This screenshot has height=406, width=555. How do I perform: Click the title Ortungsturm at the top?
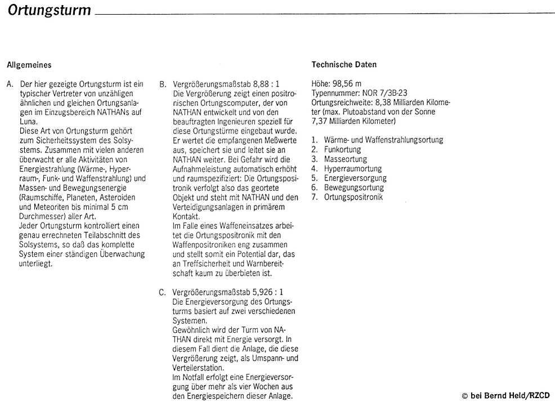[x=50, y=11]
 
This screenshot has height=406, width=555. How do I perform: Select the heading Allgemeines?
[x=29, y=65]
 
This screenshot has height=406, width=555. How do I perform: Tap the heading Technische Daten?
[x=344, y=65]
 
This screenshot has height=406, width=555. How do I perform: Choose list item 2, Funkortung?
[x=342, y=150]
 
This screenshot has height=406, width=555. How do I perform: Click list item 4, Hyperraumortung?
[x=352, y=169]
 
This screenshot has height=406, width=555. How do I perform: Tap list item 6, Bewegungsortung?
[x=353, y=188]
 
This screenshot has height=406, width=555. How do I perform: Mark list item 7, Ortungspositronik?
[x=353, y=198]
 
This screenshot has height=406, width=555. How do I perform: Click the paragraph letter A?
[x=10, y=84]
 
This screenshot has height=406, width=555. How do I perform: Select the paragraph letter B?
[x=162, y=84]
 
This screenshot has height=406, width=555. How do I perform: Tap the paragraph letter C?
[x=162, y=292]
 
